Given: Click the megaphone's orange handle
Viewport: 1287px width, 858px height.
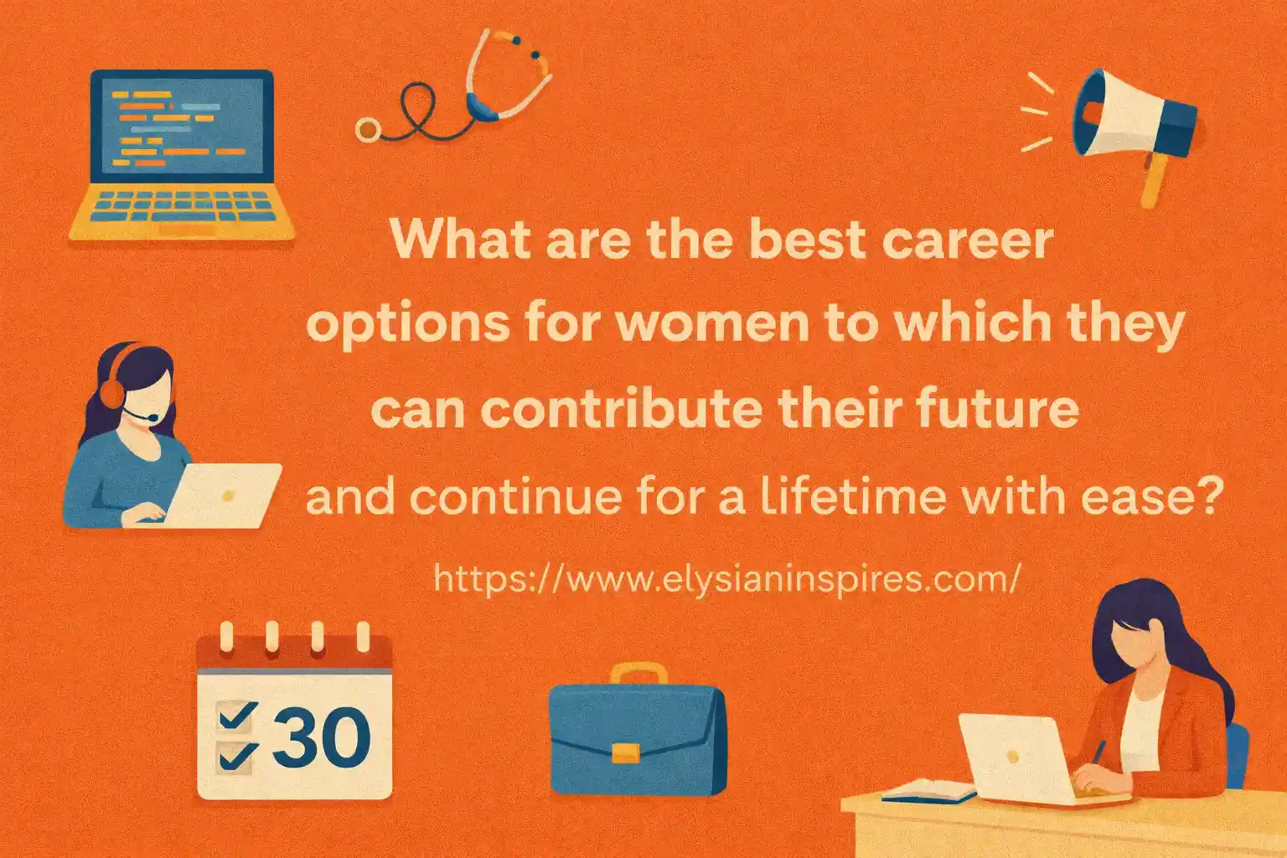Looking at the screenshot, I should [1155, 179].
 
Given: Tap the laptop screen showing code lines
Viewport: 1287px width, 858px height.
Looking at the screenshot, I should [182, 126].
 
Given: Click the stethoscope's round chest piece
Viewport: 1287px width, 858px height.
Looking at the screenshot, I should [367, 128].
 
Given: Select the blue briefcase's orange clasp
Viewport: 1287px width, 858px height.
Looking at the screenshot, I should [625, 752].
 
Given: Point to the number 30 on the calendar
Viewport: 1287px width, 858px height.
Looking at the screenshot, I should [321, 737].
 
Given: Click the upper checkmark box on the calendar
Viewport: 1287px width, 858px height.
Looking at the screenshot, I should [235, 715].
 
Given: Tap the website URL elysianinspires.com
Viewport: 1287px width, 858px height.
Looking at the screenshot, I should [726, 578].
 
